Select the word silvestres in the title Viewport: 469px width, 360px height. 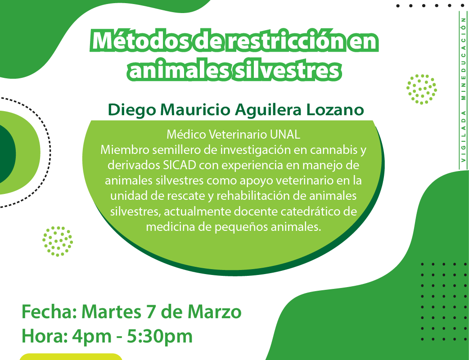pyautogui.click(x=287, y=70)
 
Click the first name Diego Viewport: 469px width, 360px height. pyautogui.click(x=132, y=110)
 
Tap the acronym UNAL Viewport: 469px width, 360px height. pyautogui.click(x=285, y=135)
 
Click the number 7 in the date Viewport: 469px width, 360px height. pyautogui.click(x=152, y=312)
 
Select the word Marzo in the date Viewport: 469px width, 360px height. pyautogui.click(x=214, y=312)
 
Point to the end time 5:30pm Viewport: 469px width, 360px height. pyautogui.click(x=159, y=337)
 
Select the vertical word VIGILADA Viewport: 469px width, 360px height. pyautogui.click(x=463, y=136)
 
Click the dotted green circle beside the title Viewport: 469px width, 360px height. pyautogui.click(x=421, y=89)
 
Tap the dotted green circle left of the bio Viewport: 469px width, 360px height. pyautogui.click(x=58, y=241)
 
